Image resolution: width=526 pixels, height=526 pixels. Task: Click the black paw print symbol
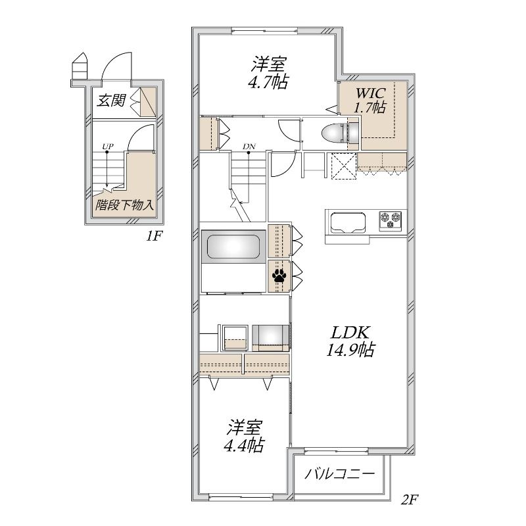279,275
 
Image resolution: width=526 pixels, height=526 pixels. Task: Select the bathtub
234,247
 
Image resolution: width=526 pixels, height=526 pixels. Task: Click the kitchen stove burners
390,220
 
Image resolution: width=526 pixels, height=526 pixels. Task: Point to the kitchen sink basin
348,222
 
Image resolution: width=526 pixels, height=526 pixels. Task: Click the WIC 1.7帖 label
370,101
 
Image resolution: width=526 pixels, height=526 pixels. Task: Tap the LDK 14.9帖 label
350,341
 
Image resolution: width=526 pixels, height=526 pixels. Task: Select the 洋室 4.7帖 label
268,73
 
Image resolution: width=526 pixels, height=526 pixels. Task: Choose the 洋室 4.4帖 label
244,436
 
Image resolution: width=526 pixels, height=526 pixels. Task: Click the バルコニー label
339,474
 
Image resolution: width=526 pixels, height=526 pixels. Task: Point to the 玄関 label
111,100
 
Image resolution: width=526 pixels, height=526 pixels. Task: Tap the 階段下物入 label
124,204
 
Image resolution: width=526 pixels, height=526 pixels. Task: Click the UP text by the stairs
108,146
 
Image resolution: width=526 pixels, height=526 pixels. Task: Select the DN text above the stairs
249,146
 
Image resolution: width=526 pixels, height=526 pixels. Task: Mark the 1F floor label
154,236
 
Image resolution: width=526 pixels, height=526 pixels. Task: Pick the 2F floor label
410,500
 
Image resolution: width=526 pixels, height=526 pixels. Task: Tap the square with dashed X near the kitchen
343,166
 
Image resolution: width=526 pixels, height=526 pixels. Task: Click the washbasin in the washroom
271,337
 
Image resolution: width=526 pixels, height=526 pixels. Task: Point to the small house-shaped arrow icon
80,66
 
